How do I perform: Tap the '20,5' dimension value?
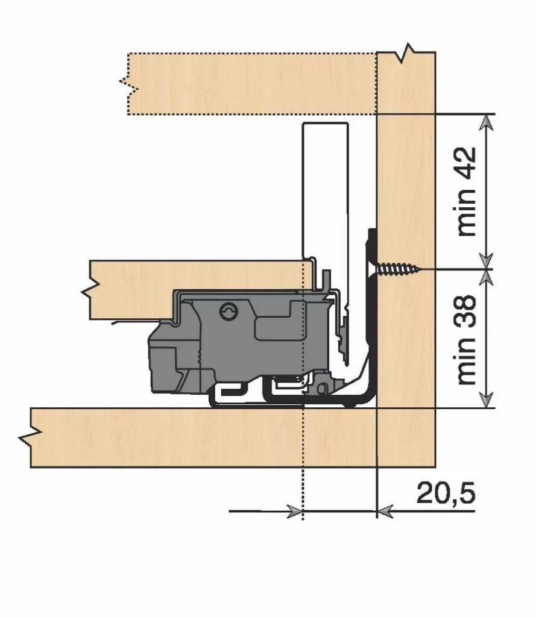click(x=446, y=493)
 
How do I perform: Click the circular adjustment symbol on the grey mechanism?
click(x=229, y=312)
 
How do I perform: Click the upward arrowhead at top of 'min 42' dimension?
click(x=488, y=122)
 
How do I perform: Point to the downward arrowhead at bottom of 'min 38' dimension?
click(x=488, y=400)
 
